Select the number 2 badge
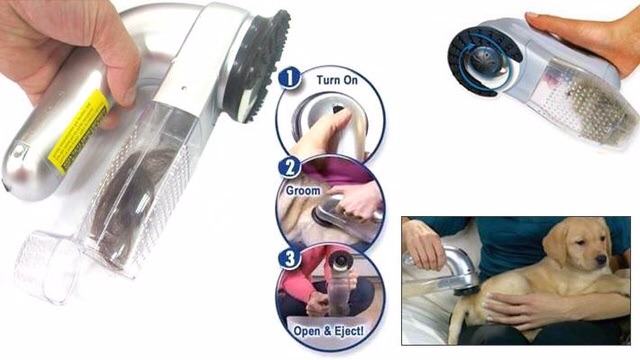pyautogui.click(x=289, y=167)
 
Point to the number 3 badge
pyautogui.click(x=289, y=257)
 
